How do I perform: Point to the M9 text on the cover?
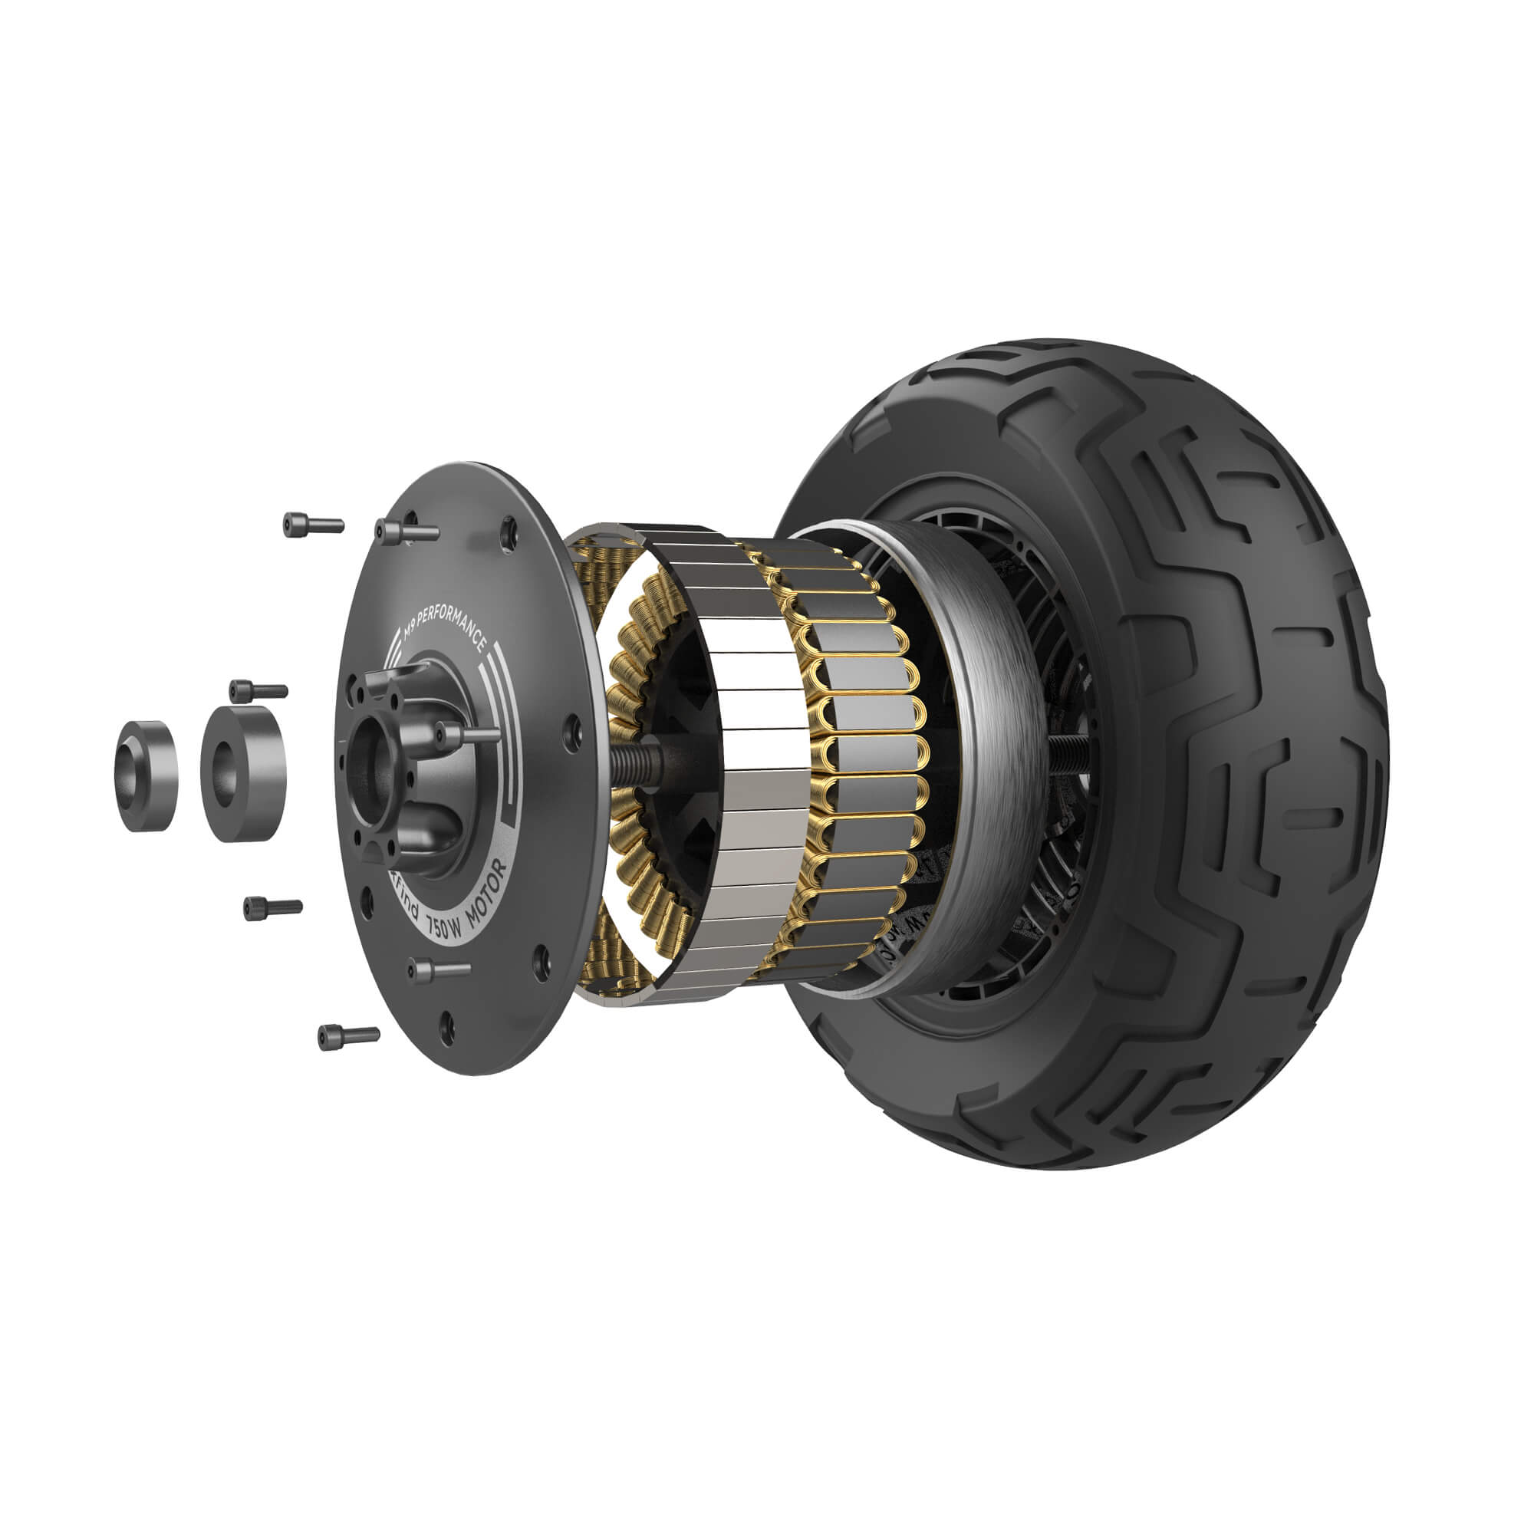410,633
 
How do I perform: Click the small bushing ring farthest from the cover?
145,775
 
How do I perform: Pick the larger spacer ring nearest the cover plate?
242,772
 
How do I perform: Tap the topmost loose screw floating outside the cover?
312,525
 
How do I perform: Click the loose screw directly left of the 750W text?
272,906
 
